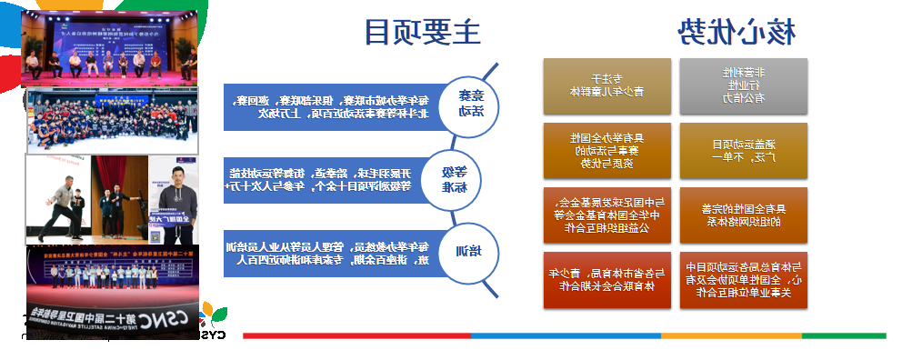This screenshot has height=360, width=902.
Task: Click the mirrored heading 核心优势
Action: click(x=738, y=32)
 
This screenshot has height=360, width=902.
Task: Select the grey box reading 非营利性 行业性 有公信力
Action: click(x=744, y=85)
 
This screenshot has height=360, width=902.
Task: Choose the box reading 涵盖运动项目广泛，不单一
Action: click(x=744, y=149)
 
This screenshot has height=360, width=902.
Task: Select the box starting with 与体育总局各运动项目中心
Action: click(x=744, y=279)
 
